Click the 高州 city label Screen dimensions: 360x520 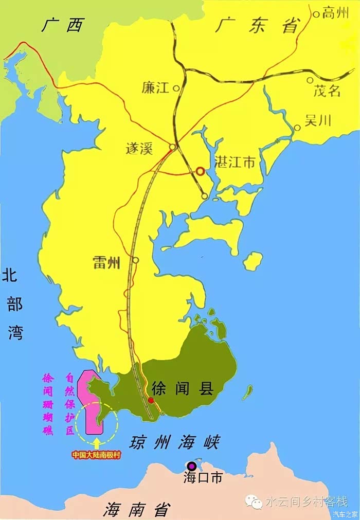[335, 14]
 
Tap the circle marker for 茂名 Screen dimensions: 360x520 [310, 80]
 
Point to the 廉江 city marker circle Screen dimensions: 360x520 [176, 88]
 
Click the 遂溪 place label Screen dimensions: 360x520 [140, 148]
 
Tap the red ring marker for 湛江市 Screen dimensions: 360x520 [200, 171]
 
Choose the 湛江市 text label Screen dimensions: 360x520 [235, 163]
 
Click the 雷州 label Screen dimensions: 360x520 [106, 263]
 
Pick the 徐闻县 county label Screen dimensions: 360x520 [184, 388]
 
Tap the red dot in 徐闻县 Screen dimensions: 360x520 [151, 400]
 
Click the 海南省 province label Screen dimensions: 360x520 [136, 510]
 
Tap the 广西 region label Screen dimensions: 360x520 [62, 25]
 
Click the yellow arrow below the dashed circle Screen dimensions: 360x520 [97, 440]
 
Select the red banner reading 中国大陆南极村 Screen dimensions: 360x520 [96, 455]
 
